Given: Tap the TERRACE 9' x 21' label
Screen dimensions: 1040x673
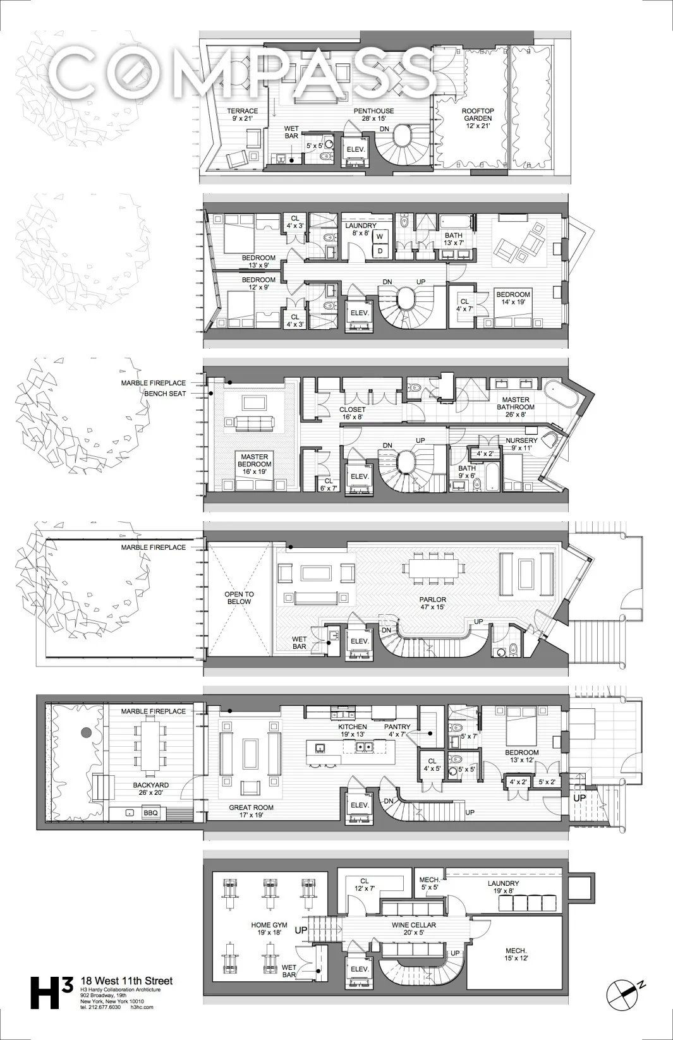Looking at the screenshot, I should [243, 114].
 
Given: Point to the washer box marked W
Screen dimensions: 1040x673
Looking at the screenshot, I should [380, 236].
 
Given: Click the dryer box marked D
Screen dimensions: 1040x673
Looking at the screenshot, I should [380, 250].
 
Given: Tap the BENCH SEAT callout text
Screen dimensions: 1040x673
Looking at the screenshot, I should [165, 393].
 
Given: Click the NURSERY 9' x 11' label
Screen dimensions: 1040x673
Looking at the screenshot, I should [521, 444].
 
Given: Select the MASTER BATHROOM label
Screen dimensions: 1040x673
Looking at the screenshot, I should [516, 403].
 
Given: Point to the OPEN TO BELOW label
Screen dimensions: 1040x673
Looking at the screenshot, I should [239, 598].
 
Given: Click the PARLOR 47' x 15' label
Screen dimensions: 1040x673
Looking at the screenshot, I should [432, 603].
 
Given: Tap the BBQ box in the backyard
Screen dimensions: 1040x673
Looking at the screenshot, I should [150, 813].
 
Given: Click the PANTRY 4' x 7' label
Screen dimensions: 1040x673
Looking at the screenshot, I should [397, 731].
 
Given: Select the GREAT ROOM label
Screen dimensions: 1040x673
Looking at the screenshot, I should [251, 811].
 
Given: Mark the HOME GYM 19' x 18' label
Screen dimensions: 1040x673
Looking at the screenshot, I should [269, 929].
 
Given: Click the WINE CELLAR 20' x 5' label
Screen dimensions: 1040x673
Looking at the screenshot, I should [413, 929].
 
